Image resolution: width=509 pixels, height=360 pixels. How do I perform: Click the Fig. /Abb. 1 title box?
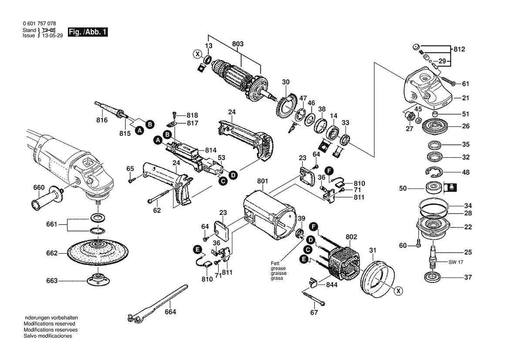tap(88, 32)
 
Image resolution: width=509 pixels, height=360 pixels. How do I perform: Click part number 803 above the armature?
tap(238, 44)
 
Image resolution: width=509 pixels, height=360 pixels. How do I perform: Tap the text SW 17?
tap(456, 262)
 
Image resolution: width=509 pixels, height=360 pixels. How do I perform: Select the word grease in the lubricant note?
tap(278, 268)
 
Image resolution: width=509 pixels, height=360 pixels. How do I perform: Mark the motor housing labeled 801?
tap(270, 216)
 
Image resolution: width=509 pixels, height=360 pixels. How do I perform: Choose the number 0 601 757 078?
tap(40, 24)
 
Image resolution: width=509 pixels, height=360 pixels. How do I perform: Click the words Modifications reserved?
tap(49, 324)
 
